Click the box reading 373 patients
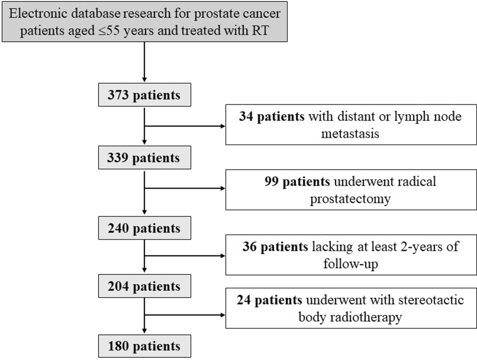coord(144,95)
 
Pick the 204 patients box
coord(144,287)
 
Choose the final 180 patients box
coord(144,346)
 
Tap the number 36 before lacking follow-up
coord(252,247)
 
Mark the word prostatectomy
coord(350,198)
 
